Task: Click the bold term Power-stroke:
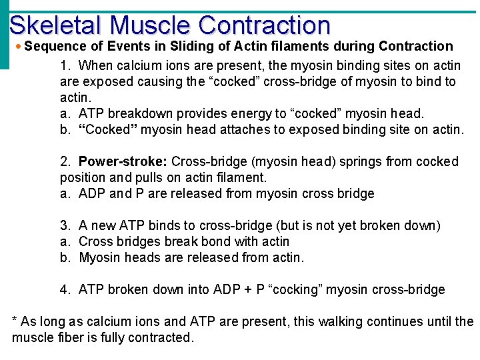coord(123,162)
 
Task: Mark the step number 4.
coord(65,290)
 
